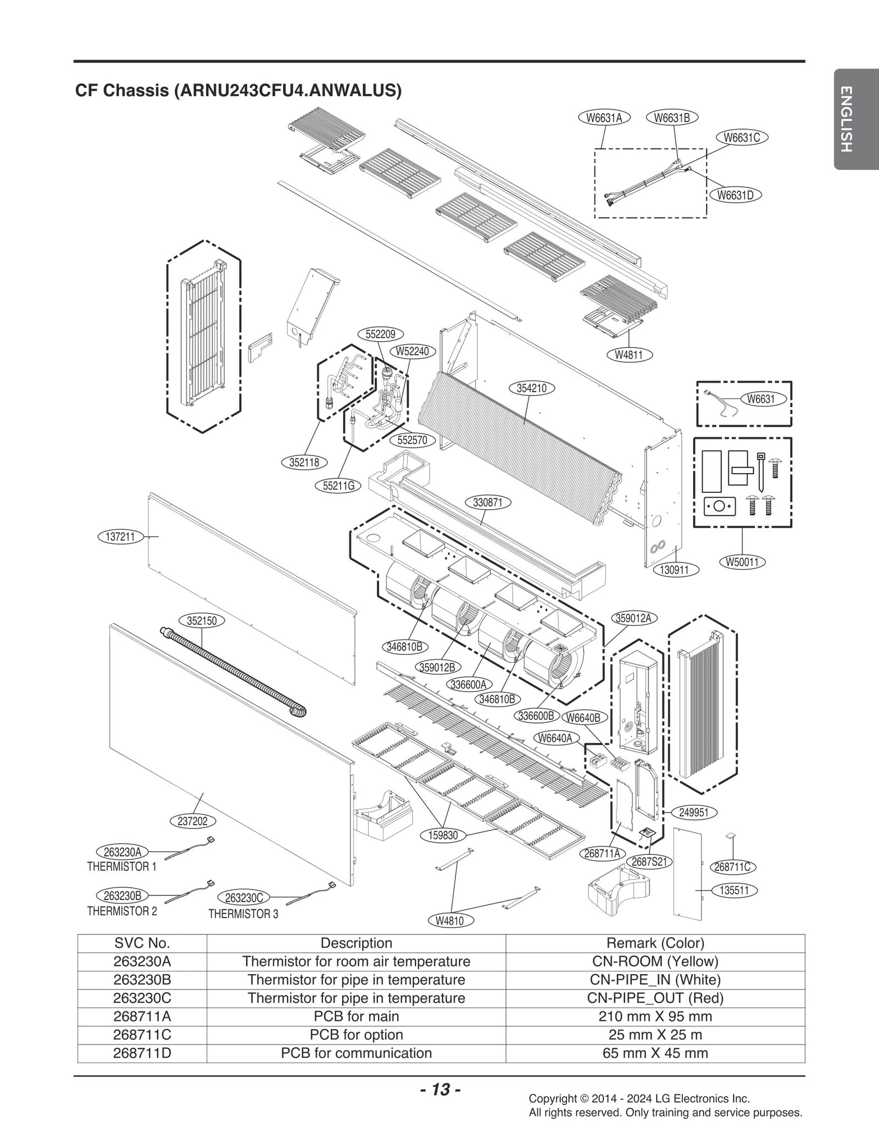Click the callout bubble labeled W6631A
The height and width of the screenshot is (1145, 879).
(x=604, y=118)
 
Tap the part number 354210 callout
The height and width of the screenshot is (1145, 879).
(x=532, y=388)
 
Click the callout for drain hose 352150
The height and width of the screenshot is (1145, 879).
(x=202, y=621)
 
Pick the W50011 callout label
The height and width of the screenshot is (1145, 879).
(x=742, y=562)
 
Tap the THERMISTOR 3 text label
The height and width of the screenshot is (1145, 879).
(x=243, y=914)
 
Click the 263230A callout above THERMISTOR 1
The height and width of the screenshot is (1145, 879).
(x=123, y=852)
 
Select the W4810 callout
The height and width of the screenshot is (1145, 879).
(x=449, y=921)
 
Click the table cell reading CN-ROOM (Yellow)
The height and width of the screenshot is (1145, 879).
(x=655, y=961)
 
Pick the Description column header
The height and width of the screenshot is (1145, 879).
(x=356, y=943)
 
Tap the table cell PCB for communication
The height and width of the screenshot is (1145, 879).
(x=356, y=1053)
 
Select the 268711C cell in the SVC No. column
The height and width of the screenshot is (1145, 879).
(x=142, y=1035)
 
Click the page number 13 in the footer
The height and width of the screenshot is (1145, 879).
(x=440, y=1089)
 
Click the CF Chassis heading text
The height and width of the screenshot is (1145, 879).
(x=238, y=91)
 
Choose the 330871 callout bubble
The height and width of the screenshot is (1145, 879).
(x=488, y=502)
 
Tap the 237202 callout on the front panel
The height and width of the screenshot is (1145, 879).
(x=193, y=821)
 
